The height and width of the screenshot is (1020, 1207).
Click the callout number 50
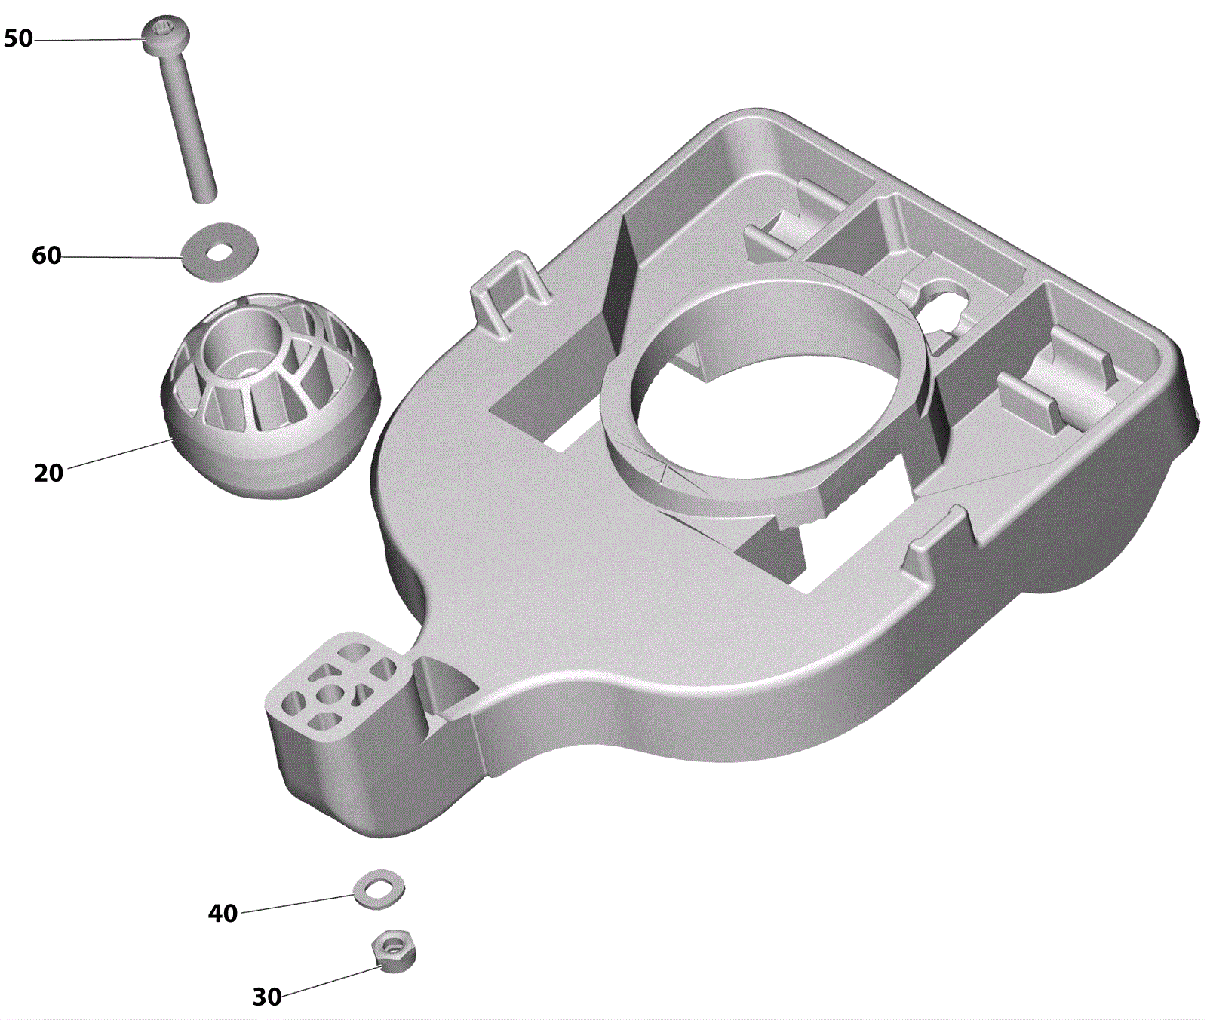[18, 38]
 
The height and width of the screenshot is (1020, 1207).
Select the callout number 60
[46, 256]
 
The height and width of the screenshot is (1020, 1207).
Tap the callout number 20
[48, 473]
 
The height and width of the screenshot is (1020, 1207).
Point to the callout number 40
[223, 914]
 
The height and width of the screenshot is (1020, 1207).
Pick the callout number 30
[266, 997]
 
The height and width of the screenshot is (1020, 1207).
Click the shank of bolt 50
[188, 125]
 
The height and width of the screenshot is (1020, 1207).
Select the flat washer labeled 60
[220, 253]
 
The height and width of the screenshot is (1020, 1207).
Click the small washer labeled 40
[379, 890]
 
